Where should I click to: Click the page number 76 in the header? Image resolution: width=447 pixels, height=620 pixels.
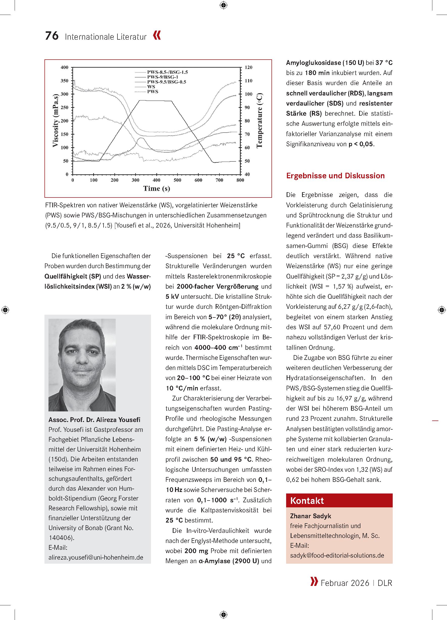tap(52, 36)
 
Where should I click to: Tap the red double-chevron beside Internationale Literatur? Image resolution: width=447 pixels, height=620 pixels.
tap(157, 36)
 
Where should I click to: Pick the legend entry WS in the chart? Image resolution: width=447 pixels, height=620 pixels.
tap(151, 87)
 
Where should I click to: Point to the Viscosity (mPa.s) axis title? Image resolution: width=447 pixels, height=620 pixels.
tap(56, 120)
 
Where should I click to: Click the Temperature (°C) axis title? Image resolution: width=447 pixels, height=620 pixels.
tap(259, 120)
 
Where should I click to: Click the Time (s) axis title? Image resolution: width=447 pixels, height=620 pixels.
tap(156, 188)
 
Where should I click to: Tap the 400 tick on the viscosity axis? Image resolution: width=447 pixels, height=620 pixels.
tap(64, 67)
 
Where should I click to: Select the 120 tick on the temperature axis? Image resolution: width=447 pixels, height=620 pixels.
tap(248, 67)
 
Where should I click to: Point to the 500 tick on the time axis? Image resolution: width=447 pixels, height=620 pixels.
tap(178, 180)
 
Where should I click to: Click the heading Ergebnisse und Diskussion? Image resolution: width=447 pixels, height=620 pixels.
tap(335, 176)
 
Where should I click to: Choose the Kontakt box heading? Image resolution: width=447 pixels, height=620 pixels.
tap(307, 501)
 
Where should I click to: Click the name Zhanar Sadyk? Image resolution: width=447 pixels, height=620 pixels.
tap(311, 516)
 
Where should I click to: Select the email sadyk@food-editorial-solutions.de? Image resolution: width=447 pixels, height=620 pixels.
tap(337, 555)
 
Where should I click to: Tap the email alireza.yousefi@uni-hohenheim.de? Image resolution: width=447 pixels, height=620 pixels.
tap(96, 557)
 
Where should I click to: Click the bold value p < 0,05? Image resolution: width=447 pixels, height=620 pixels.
tap(361, 144)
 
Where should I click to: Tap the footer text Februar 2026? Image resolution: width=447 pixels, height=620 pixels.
tap(345, 583)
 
